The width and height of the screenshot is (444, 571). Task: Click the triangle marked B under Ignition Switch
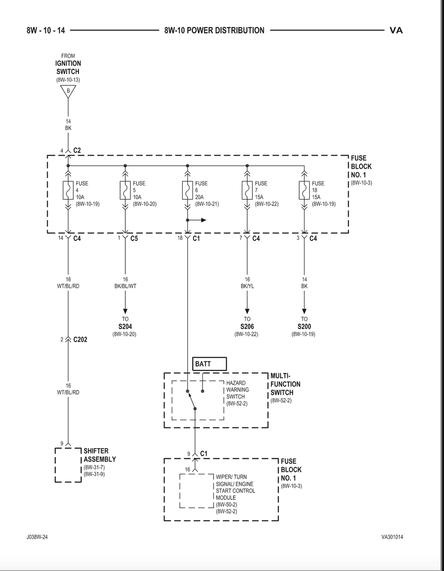coord(68,91)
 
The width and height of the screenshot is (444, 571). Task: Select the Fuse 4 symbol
coord(68,190)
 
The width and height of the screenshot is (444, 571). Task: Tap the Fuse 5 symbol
coord(125,190)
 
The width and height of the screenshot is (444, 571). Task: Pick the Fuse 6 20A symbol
coord(187,190)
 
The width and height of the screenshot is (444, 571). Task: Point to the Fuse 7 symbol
coord(247,190)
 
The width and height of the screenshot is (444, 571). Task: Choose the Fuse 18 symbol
coord(304,190)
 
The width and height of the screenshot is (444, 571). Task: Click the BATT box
coord(209,364)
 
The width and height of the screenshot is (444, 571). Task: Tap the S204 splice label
coord(125,327)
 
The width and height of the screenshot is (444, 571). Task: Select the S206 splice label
coord(247,327)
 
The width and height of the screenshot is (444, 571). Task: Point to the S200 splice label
coord(304,327)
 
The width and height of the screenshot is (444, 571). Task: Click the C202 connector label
coord(80,340)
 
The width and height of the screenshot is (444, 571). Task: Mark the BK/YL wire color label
coord(248,286)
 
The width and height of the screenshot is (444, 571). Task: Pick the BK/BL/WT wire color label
coord(125,286)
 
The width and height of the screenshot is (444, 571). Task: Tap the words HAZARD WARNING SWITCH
coord(237,389)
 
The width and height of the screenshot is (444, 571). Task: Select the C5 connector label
coord(134,239)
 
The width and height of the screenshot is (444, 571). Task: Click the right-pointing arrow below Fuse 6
coord(196,220)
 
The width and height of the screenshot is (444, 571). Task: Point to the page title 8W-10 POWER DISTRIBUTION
coord(214,30)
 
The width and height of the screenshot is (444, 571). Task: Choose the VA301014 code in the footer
coord(392,537)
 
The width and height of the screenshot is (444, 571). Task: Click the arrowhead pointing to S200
coord(304,311)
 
